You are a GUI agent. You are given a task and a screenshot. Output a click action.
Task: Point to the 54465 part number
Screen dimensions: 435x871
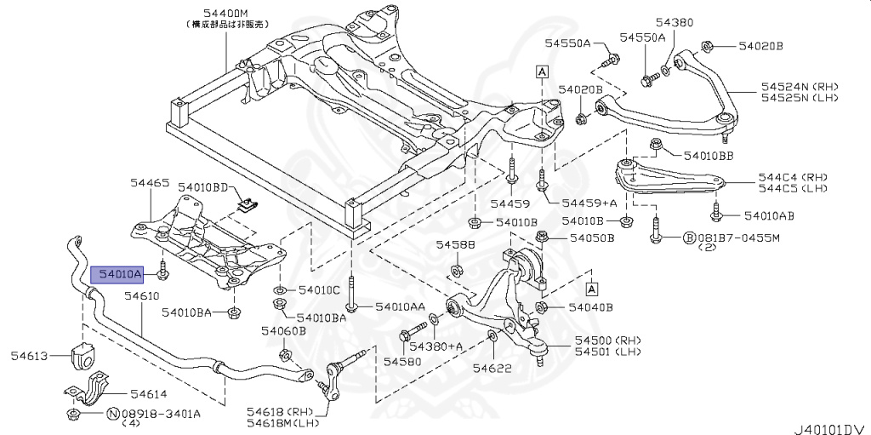click(150, 182)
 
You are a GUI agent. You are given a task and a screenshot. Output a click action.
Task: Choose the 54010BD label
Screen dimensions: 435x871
click(205, 186)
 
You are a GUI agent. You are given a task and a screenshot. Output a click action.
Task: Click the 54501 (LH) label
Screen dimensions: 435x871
click(606, 352)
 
